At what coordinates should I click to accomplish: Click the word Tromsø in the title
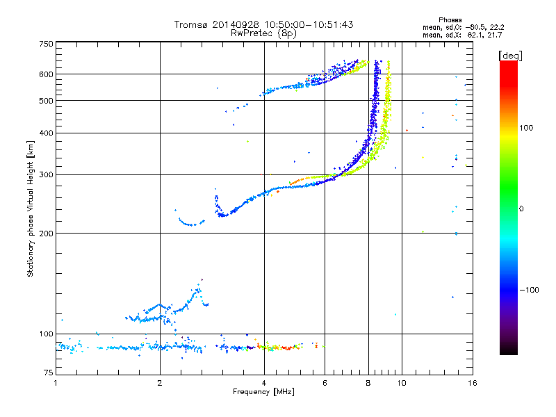(x=190, y=24)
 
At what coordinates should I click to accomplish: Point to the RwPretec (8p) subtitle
(x=263, y=33)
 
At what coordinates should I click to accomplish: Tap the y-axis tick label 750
(x=47, y=44)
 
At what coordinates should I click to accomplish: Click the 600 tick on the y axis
(x=47, y=74)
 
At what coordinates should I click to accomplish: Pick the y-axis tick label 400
(x=47, y=133)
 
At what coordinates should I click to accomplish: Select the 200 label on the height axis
(x=47, y=234)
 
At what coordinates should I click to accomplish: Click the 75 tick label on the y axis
(x=49, y=373)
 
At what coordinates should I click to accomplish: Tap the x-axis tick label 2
(x=160, y=383)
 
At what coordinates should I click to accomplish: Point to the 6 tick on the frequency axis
(x=325, y=383)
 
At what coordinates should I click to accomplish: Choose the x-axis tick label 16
(x=473, y=383)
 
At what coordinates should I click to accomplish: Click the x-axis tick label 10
(x=402, y=383)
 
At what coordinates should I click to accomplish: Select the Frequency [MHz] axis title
(x=263, y=392)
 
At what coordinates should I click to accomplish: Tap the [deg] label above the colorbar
(x=510, y=56)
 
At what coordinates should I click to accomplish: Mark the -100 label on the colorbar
(x=529, y=290)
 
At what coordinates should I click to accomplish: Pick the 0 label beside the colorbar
(x=521, y=209)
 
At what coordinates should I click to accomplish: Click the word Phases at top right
(x=450, y=20)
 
